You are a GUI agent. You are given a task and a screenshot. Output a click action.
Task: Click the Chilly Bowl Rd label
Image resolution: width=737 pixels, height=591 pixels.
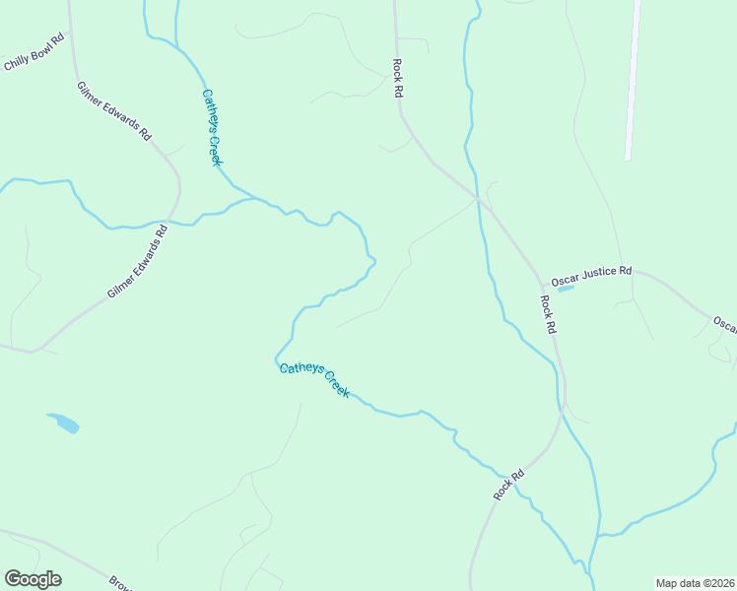34,53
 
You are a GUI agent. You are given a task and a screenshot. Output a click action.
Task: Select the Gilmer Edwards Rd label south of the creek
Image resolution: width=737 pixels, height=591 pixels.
138,262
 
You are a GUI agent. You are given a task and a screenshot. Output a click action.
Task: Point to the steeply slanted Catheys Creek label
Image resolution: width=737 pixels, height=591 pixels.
211,128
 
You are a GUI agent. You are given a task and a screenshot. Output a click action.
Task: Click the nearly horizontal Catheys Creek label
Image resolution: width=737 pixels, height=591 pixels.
314,380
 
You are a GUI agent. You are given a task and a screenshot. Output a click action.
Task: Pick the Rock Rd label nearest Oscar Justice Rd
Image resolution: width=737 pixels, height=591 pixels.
550,313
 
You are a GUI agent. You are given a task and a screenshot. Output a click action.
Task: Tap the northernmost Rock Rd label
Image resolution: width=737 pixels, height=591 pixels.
398,77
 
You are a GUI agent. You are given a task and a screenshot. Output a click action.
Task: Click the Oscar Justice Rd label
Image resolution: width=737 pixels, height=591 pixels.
591,275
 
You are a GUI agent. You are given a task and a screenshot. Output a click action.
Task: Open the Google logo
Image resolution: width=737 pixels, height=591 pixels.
33,579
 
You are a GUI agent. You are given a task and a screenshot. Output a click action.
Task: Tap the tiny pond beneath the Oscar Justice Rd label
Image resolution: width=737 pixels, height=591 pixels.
566,289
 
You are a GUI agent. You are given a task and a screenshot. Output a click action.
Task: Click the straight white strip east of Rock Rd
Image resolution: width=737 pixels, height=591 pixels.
633,79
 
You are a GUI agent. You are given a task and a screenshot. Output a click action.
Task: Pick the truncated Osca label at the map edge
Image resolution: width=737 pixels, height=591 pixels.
724,324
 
